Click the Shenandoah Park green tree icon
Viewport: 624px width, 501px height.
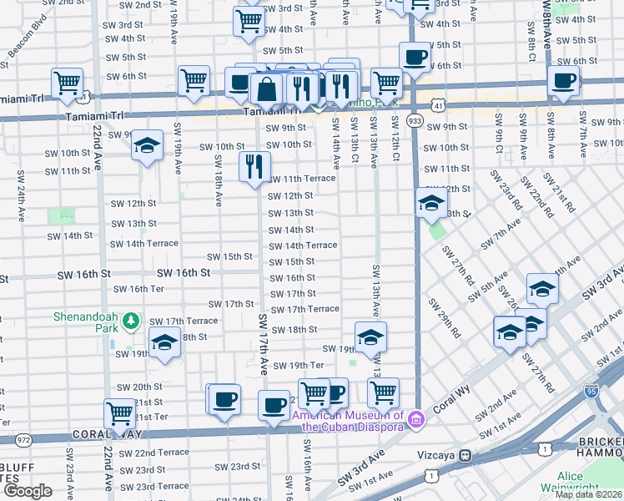[130, 321]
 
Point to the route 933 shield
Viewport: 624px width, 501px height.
[415, 121]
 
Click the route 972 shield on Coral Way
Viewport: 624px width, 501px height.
[23, 439]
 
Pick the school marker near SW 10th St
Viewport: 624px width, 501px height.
[147, 146]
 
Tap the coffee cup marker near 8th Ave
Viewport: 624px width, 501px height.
[564, 81]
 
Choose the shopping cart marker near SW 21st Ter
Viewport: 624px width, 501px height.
[120, 412]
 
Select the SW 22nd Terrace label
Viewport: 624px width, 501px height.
[154, 453]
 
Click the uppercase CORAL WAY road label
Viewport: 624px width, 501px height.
[103, 434]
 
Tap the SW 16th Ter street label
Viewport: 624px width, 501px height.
[139, 289]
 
